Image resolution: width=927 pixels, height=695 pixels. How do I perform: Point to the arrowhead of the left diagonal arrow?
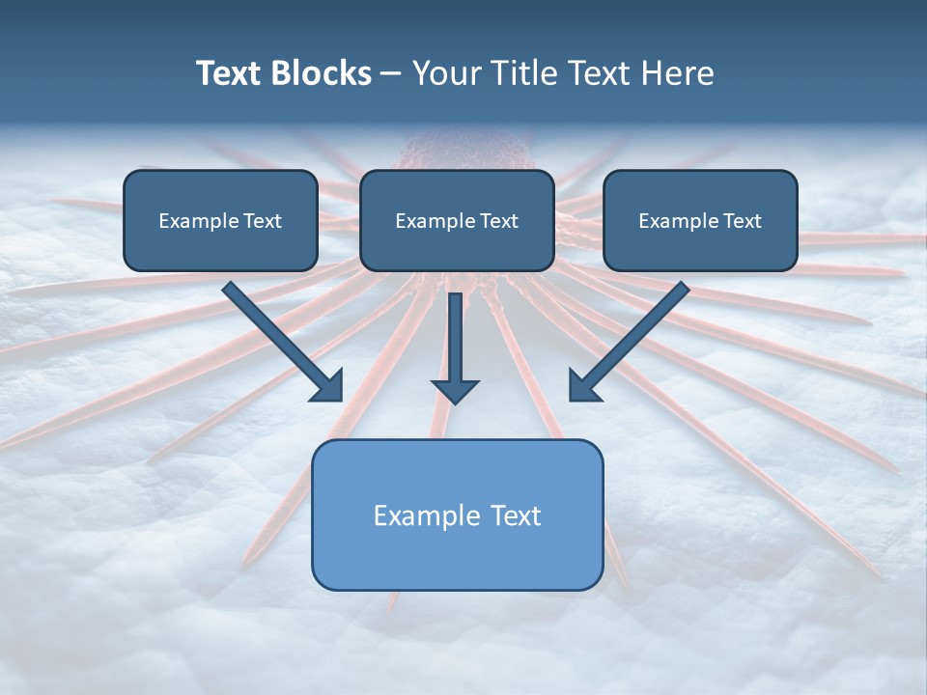tap(328, 385)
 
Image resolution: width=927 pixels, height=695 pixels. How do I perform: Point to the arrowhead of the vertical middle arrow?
tap(455, 391)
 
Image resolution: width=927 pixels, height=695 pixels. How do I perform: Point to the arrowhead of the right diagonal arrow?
tap(583, 385)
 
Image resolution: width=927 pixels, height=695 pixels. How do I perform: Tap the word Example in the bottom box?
tap(413, 515)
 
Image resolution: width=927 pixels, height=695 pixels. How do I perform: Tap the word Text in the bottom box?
tap(517, 515)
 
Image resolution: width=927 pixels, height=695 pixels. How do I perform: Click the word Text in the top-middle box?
tap(498, 221)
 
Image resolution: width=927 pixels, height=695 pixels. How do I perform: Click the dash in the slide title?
tap(391, 74)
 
